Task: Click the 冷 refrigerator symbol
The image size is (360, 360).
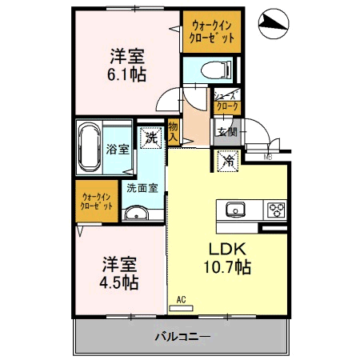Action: click(x=229, y=160)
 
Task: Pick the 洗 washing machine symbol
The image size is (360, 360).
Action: click(x=150, y=138)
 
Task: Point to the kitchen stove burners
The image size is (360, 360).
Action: click(x=276, y=210)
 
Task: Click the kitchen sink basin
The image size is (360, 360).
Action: click(x=235, y=210)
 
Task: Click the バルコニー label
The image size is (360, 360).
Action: click(x=182, y=337)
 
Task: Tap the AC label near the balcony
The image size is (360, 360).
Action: click(x=182, y=300)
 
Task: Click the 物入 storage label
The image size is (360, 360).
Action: click(x=173, y=131)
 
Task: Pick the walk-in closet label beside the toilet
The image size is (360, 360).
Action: click(x=211, y=31)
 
